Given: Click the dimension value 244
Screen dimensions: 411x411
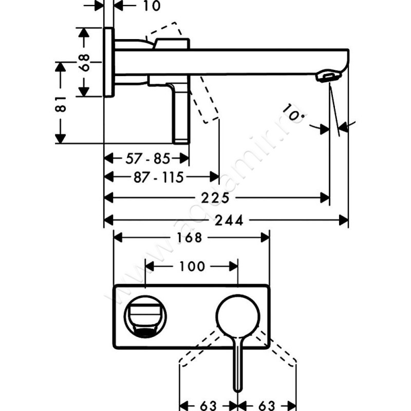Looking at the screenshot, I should (x=227, y=220).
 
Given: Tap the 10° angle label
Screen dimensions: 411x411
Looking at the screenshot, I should (x=293, y=114).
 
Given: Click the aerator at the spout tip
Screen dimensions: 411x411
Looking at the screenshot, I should (x=328, y=77).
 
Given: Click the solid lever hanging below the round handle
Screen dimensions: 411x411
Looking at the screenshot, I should (x=238, y=365).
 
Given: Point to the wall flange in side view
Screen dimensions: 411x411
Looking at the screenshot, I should (x=108, y=62).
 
